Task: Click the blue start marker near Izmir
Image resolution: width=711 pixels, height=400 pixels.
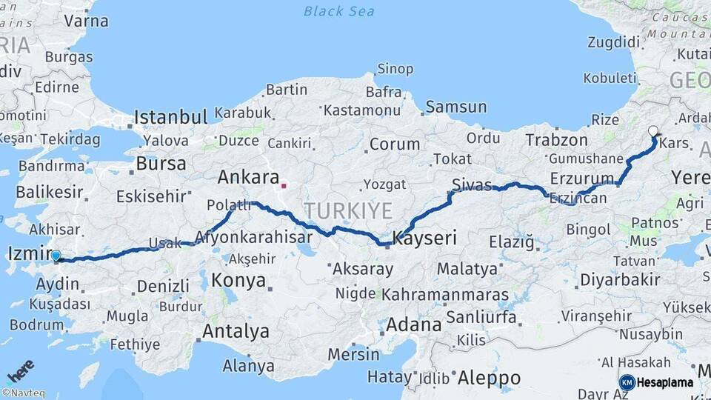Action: pyautogui.click(x=56, y=256)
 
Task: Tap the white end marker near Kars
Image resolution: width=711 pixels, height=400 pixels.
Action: pyautogui.click(x=652, y=131)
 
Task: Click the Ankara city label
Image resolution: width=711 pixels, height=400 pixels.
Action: pyautogui.click(x=247, y=177)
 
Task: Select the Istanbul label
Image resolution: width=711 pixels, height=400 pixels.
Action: pyautogui.click(x=170, y=117)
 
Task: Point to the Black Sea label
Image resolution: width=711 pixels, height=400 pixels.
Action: pyautogui.click(x=339, y=11)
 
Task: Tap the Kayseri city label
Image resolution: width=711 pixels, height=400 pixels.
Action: pyautogui.click(x=424, y=239)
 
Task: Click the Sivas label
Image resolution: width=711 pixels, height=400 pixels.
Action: pyautogui.click(x=472, y=184)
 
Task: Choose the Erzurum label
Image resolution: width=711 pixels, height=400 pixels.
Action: pyautogui.click(x=583, y=178)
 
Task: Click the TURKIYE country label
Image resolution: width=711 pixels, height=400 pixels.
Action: pyautogui.click(x=347, y=211)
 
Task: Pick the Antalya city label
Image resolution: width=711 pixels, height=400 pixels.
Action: pyautogui.click(x=236, y=331)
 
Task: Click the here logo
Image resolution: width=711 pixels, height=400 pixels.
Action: pyautogui.click(x=20, y=370)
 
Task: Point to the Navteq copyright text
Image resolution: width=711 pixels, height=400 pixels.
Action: pyautogui.click(x=25, y=393)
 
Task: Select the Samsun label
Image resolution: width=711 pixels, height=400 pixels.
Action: pyautogui.click(x=456, y=107)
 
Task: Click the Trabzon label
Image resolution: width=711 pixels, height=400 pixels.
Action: pyautogui.click(x=556, y=140)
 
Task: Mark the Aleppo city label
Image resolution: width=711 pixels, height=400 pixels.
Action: pyautogui.click(x=489, y=378)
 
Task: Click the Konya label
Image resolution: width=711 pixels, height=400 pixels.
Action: pyautogui.click(x=238, y=281)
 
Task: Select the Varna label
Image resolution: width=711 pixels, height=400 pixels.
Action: pyautogui.click(x=86, y=21)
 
